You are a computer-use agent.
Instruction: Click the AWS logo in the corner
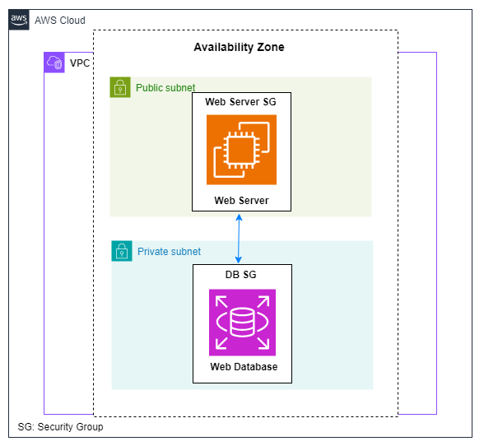pyautogui.click(x=19, y=20)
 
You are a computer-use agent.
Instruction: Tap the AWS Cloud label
pyautogui.click(x=60, y=21)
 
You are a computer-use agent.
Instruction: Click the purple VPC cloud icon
pyautogui.click(x=54, y=63)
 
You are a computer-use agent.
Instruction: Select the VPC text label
pyautogui.click(x=80, y=63)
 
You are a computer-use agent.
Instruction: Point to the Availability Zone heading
pyautogui.click(x=239, y=47)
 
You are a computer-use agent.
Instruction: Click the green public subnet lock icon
pyautogui.click(x=120, y=87)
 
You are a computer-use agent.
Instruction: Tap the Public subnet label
pyautogui.click(x=165, y=88)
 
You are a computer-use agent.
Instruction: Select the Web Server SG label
pyautogui.click(x=240, y=101)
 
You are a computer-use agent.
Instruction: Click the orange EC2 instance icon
pyautogui.click(x=241, y=150)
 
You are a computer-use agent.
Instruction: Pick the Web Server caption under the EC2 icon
pyautogui.click(x=241, y=200)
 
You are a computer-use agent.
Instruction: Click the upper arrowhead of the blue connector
pyautogui.click(x=239, y=217)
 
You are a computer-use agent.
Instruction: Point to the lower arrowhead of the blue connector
pyautogui.click(x=239, y=259)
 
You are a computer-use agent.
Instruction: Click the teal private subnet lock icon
pyautogui.click(x=122, y=251)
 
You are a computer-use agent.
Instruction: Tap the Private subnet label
pyautogui.click(x=170, y=252)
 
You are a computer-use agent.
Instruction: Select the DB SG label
pyautogui.click(x=240, y=274)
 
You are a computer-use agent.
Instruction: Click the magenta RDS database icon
pyautogui.click(x=242, y=323)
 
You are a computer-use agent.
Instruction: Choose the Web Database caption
pyautogui.click(x=244, y=367)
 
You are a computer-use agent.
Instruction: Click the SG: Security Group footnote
pyautogui.click(x=61, y=427)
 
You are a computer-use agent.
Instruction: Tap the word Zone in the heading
pyautogui.click(x=271, y=47)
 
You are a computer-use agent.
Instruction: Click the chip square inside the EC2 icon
pyautogui.click(x=241, y=151)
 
